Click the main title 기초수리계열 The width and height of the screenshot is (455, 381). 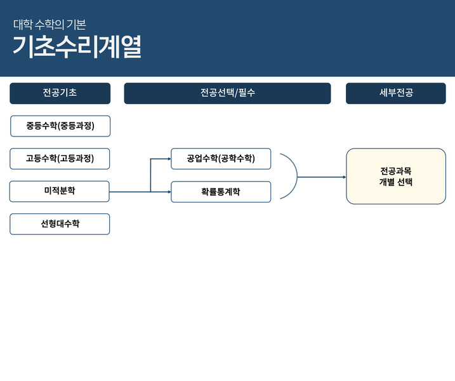tap(77, 47)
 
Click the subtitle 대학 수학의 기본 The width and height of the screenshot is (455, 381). tap(49, 25)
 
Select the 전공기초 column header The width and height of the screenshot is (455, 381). tap(60, 93)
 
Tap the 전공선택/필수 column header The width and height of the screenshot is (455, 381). tap(227, 93)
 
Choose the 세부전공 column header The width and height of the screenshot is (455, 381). tap(395, 93)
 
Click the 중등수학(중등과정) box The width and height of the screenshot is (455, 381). tap(60, 126)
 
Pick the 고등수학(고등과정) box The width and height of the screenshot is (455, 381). tap(60, 159)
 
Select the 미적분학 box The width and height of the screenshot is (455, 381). tap(60, 191)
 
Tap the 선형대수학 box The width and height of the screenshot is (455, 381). tap(60, 224)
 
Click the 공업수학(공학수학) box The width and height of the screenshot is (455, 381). tap(221, 159)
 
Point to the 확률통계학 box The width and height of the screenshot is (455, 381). tap(221, 192)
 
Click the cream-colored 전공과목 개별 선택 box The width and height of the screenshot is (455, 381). tap(396, 176)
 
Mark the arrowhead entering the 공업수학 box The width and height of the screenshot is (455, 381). tap(169, 159)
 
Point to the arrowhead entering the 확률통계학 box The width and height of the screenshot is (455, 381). tap(169, 192)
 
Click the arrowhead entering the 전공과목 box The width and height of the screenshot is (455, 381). tap(344, 177)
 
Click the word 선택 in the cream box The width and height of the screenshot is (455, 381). tap(404, 182)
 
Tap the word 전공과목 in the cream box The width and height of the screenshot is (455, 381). tap(396, 170)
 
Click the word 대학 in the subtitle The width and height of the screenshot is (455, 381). tap(22, 25)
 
